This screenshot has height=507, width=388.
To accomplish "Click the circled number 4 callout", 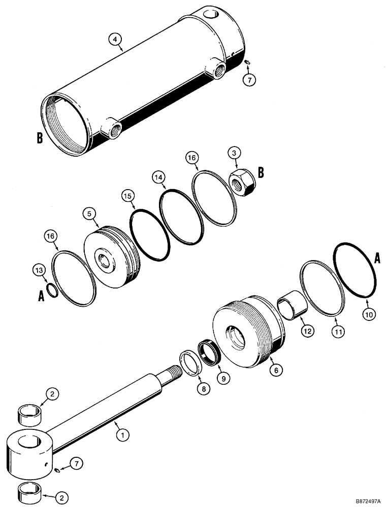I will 116,39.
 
